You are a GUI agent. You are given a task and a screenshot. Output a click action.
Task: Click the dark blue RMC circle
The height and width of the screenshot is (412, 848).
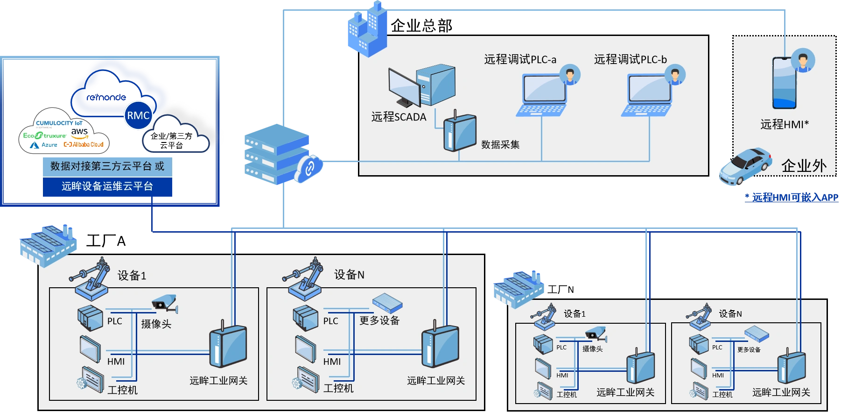(138, 115)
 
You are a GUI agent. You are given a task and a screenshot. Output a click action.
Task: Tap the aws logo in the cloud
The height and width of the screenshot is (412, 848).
(80, 133)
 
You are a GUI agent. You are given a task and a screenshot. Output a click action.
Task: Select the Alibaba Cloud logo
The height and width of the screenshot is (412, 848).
(84, 145)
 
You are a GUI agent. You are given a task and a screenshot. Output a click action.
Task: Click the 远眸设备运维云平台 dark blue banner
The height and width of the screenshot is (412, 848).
(107, 186)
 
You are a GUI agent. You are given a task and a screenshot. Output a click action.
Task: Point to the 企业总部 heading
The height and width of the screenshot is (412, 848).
(421, 25)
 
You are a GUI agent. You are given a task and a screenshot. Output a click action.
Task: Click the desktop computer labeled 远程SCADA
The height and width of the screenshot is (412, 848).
(421, 86)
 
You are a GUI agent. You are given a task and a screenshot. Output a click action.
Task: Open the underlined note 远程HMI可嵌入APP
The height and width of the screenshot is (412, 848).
(792, 198)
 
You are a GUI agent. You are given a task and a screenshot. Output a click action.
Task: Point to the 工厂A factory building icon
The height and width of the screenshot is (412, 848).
(48, 245)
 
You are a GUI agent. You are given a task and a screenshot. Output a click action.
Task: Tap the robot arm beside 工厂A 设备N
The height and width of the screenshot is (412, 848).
(304, 279)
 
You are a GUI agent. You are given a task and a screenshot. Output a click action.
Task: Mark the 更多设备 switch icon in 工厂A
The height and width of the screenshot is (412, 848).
(387, 303)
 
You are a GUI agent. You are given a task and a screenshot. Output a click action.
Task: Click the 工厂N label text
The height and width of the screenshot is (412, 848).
(561, 290)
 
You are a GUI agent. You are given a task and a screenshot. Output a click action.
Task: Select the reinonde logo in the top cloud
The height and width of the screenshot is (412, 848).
(106, 97)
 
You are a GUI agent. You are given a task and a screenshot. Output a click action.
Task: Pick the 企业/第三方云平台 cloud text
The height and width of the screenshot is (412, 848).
(171, 141)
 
